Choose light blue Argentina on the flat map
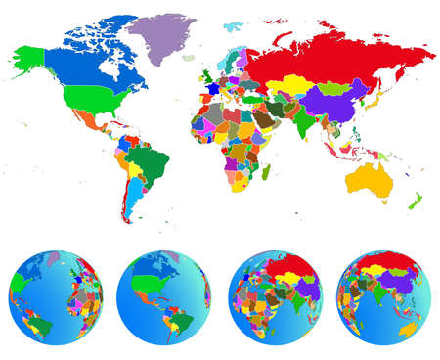(x=132, y=201)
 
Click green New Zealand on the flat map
(x=415, y=201)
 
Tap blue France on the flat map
(x=212, y=88)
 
